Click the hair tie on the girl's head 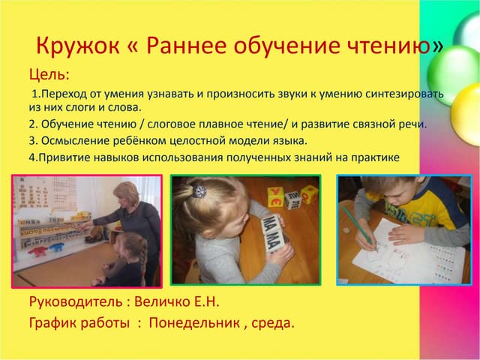[x=199, y=191]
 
